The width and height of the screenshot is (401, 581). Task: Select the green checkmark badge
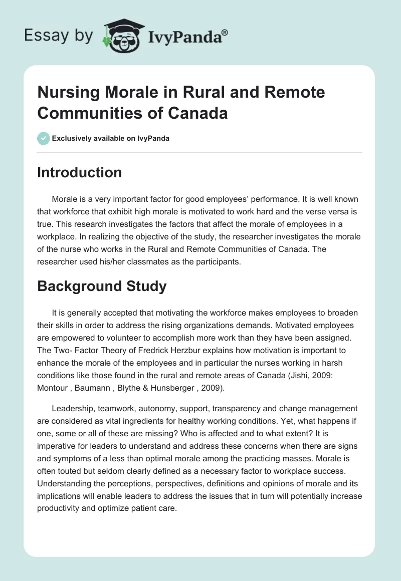point(43,138)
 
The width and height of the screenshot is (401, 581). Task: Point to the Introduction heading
point(79,172)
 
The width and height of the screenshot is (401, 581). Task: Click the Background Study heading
point(101,286)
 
